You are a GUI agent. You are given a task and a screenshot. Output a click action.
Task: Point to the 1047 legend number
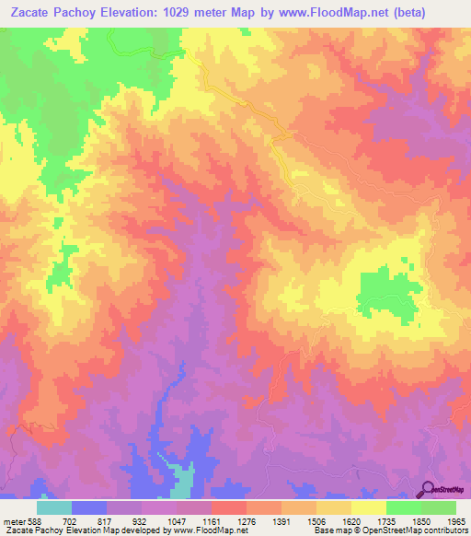coord(178,520)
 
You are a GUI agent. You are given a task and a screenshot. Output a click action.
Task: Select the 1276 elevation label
coord(247,520)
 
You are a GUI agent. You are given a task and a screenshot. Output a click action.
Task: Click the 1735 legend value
coord(387,520)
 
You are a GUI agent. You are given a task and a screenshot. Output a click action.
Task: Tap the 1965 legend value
coord(457,520)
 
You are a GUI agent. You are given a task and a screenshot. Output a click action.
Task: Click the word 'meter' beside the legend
coord(10,520)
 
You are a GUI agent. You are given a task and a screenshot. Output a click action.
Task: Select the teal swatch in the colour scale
coord(53,507)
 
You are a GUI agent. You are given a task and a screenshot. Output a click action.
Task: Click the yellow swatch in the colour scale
coord(368,507)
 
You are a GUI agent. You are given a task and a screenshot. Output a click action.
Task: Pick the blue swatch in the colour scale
coord(88,507)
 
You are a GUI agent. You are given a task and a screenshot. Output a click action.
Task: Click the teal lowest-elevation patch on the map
coord(183,482)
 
